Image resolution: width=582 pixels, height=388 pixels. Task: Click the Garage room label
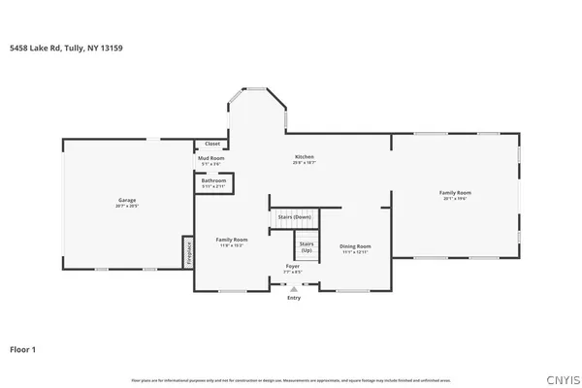tap(127, 200)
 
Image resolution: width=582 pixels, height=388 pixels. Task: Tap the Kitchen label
tap(305, 157)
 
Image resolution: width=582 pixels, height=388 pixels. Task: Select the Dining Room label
tap(355, 246)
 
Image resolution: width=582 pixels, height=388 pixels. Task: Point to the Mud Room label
tap(211, 157)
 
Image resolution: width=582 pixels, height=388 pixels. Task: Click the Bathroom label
tap(214, 180)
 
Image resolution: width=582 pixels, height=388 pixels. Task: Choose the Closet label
tap(212, 144)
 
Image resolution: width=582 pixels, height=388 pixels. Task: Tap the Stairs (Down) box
tap(294, 216)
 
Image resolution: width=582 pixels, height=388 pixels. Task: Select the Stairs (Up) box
tap(307, 246)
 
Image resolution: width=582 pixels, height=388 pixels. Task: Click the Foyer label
tap(293, 266)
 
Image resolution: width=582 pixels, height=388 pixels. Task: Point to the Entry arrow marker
tap(293, 288)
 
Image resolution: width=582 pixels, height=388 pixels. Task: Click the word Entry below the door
tap(293, 298)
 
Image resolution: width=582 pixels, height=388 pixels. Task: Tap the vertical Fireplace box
tap(188, 252)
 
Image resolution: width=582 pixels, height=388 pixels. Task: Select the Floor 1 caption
tap(23, 348)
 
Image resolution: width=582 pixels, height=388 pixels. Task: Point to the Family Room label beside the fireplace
tap(231, 240)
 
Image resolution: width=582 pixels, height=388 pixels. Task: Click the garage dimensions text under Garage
tap(127, 207)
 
